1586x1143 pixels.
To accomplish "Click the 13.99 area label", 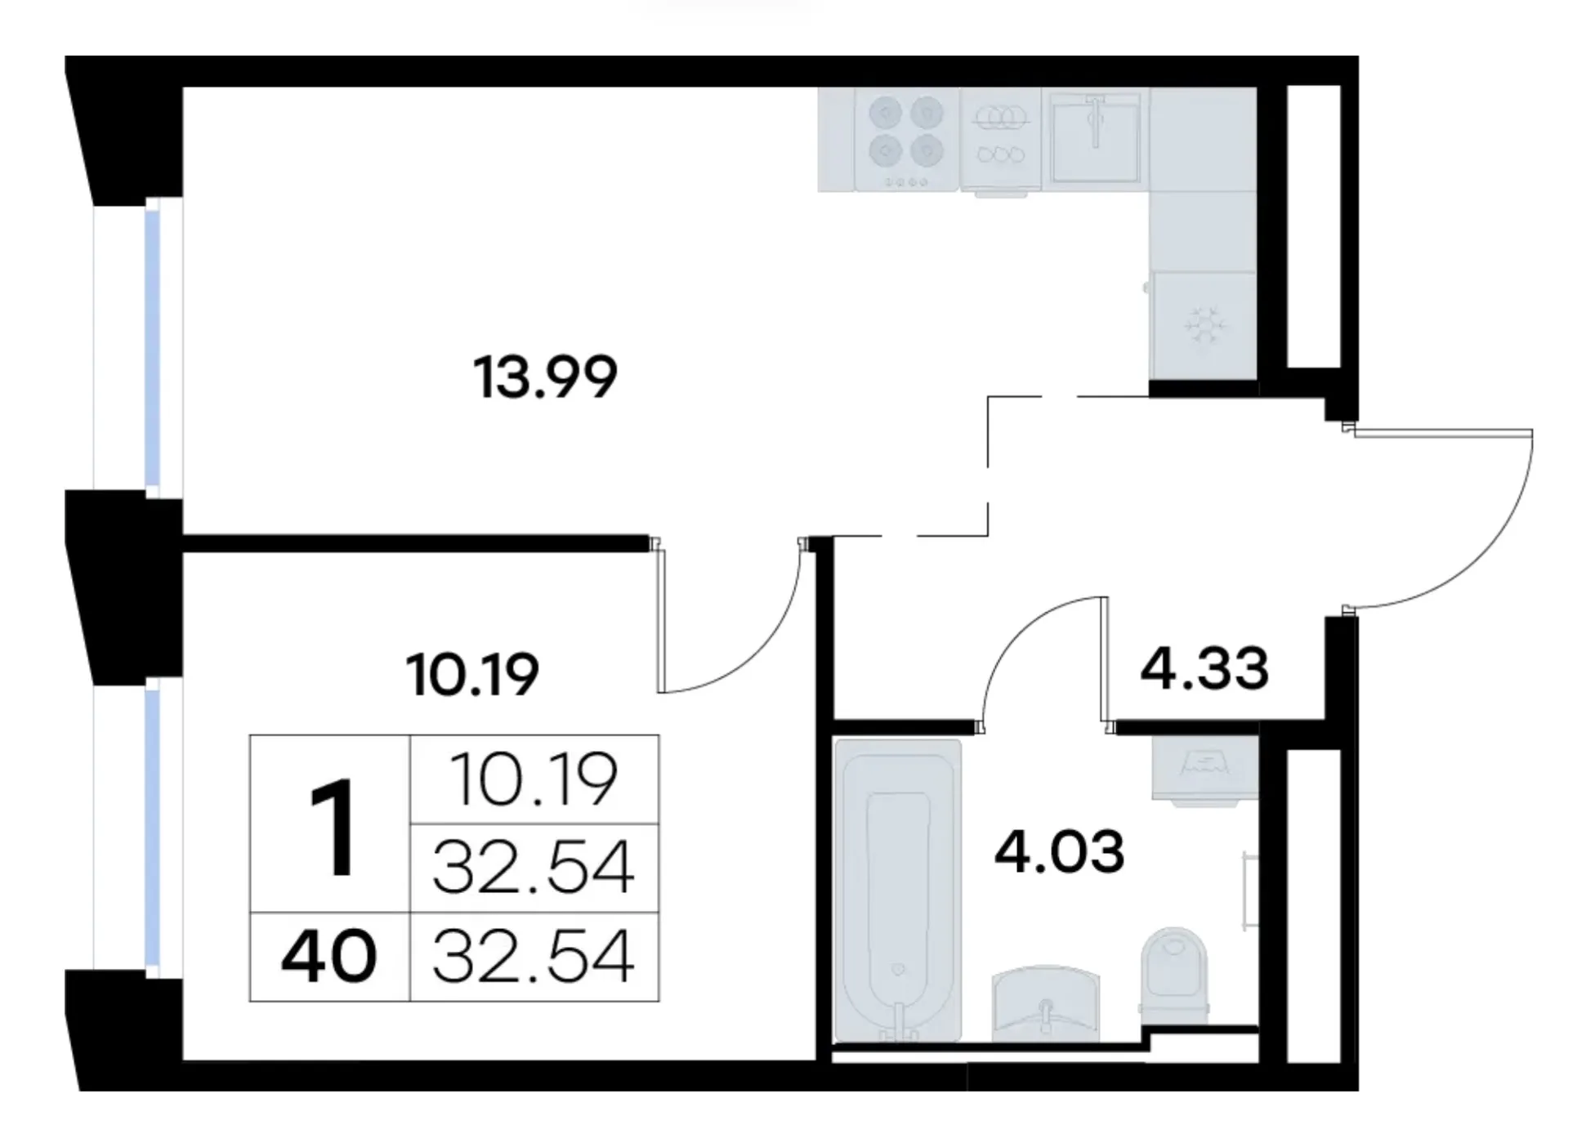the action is click(545, 377).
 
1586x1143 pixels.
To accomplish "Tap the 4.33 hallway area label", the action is click(1204, 667).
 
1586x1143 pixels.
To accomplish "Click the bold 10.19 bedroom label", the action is click(472, 674).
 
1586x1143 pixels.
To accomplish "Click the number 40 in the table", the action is click(328, 957).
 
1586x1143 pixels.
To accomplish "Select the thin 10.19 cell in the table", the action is click(533, 779).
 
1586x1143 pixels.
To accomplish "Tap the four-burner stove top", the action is click(906, 141).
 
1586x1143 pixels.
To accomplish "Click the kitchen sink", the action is click(1095, 139).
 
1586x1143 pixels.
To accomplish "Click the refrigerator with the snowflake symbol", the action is click(1203, 325).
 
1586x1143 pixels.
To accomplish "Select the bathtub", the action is click(898, 891).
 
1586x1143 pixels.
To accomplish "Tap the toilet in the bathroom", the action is click(1174, 976).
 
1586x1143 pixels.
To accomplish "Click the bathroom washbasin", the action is click(1048, 1004).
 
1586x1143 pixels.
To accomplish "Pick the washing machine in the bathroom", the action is click(1205, 768).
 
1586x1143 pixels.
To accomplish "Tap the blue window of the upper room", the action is click(152, 349).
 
